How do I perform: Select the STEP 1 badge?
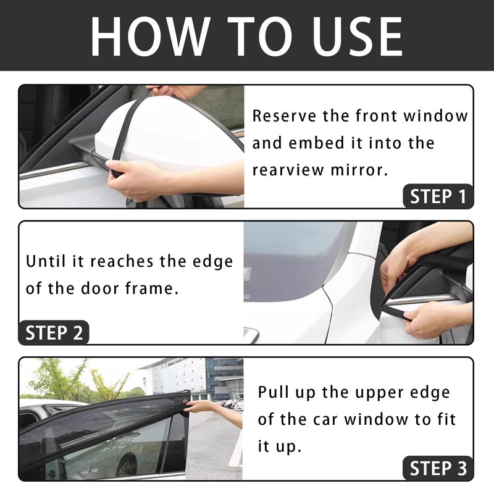coord(438,196)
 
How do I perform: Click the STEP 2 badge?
coord(54,333)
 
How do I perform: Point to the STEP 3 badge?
coord(438,468)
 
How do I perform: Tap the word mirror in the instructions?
coord(361,170)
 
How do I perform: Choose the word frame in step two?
coord(154,288)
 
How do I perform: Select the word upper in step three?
coord(368,393)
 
